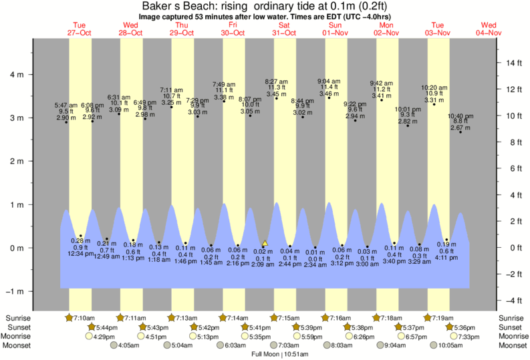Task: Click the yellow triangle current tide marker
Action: tap(265, 244)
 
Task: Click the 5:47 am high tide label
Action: tap(66, 105)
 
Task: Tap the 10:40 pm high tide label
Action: tap(460, 115)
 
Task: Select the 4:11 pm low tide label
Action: tap(447, 256)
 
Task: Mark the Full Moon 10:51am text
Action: tap(275, 355)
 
